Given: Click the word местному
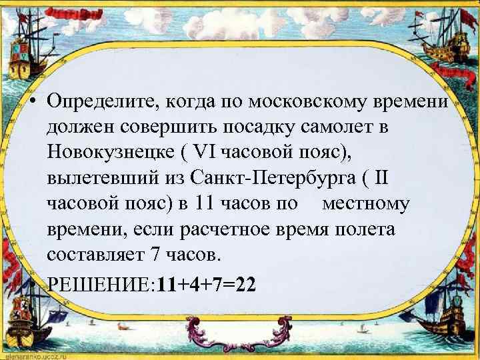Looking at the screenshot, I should (x=366, y=203).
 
